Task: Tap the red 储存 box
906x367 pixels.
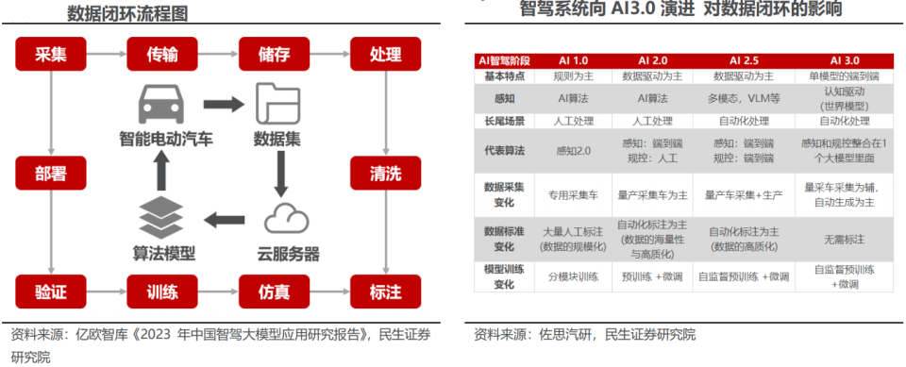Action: (x=274, y=54)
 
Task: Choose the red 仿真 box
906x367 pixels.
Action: (x=274, y=291)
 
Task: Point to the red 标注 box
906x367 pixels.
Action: (x=385, y=291)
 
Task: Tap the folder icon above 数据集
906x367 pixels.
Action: (x=277, y=103)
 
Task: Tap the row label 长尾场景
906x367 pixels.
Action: (x=504, y=121)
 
